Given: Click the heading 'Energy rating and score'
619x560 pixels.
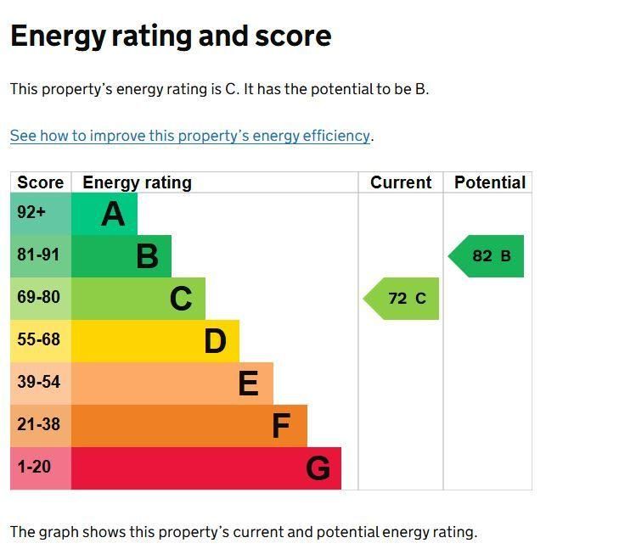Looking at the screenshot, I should [x=170, y=36].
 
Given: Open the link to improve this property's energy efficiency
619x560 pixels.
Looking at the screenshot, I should [x=190, y=136].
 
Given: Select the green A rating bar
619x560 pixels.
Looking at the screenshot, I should [x=104, y=214].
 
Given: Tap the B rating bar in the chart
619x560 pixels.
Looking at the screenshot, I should [x=121, y=256].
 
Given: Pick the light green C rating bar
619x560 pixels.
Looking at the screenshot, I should [x=138, y=299].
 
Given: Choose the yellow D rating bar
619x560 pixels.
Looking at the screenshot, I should [x=155, y=341].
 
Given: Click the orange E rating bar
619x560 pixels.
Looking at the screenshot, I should [x=172, y=384].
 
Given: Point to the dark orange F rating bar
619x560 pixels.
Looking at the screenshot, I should [x=189, y=426].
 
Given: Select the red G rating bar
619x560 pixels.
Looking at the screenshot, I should [x=206, y=468].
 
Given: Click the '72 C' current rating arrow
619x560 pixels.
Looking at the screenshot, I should [x=403, y=299].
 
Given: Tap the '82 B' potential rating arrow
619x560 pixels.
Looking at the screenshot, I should [x=488, y=256].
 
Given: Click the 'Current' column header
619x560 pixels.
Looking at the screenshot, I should [x=401, y=182].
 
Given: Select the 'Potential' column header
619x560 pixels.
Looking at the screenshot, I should [x=489, y=182].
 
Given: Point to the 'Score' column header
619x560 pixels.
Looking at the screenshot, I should [x=41, y=182].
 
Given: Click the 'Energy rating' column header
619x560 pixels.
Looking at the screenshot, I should [x=137, y=182].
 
